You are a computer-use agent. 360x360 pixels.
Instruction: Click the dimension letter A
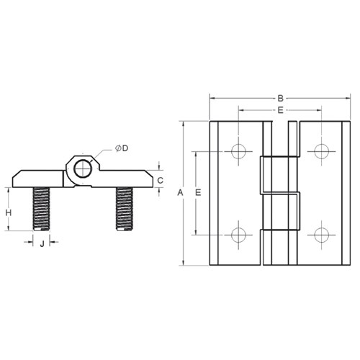[180, 193]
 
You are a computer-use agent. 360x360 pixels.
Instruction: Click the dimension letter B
[280, 98]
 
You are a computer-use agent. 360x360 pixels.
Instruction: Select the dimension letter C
[161, 180]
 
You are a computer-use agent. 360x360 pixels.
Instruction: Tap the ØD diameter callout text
[122, 148]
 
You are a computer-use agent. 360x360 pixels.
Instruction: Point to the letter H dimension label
[9, 212]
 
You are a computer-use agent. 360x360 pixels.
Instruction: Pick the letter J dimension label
[42, 244]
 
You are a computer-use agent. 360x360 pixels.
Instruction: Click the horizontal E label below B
[280, 110]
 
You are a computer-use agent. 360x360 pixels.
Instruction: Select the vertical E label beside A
[198, 192]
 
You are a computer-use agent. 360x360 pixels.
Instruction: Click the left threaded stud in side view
[41, 209]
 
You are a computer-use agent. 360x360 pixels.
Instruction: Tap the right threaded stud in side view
[125, 209]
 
